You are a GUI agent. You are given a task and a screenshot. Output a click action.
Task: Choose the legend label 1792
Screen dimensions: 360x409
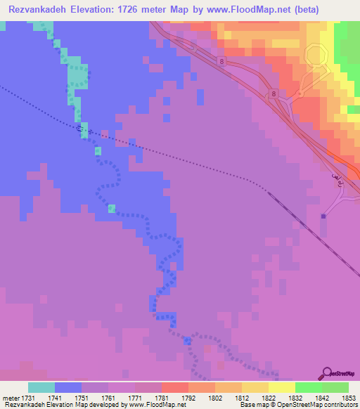coord(189,398)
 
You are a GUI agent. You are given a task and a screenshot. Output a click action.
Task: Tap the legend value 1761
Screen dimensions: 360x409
coord(108,398)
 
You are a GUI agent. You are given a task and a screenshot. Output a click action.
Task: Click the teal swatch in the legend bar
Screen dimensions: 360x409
coord(41,387)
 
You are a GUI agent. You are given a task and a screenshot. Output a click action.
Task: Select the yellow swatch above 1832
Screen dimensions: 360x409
coord(281,387)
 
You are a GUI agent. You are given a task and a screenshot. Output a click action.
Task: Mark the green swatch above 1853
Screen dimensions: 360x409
coord(335,387)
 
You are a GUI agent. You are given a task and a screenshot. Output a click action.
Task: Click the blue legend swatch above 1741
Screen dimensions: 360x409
coord(68,387)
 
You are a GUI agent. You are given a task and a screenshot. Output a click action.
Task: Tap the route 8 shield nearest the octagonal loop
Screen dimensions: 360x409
coord(272,93)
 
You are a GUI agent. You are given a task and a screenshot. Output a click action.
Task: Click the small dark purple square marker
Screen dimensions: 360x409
coord(323,216)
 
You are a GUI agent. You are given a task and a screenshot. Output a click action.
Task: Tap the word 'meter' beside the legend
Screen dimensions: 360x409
coord(11,398)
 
